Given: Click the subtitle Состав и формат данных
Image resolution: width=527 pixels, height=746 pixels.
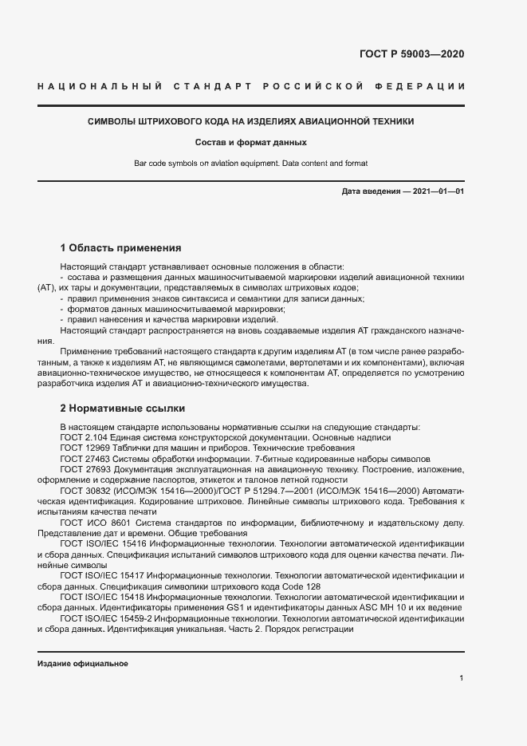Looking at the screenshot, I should click(x=250, y=143).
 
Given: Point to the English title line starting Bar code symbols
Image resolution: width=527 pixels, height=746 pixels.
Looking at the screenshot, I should click(x=250, y=164).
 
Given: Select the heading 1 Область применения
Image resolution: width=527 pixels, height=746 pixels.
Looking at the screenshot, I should click(x=120, y=248).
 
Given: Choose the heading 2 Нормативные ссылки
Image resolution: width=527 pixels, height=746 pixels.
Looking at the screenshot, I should click(x=122, y=407).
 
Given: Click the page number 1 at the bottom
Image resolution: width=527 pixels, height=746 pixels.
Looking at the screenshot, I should click(x=462, y=678).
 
